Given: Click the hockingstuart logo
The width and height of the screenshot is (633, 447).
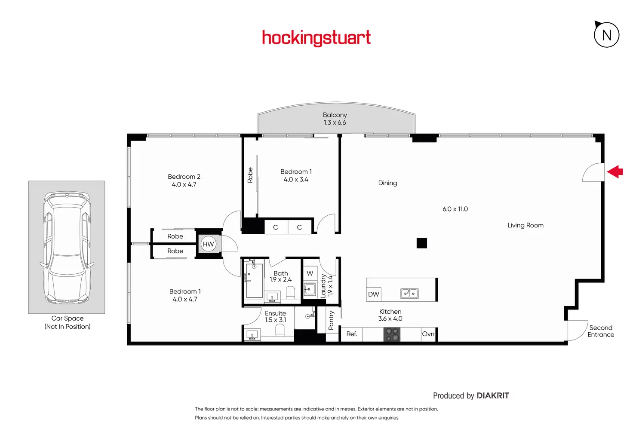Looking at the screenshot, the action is pyautogui.click(x=316, y=38).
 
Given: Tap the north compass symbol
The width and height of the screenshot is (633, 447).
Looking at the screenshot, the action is pyautogui.click(x=606, y=35).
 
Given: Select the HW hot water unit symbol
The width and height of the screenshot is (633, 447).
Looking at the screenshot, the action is pyautogui.click(x=208, y=244).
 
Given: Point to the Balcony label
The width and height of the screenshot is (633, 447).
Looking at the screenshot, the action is pyautogui.click(x=335, y=115).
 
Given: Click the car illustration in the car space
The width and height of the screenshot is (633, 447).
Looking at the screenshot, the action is pyautogui.click(x=67, y=247).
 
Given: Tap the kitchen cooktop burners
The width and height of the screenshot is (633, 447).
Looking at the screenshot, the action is pyautogui.click(x=392, y=334).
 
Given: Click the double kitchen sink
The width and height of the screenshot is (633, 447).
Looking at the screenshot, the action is pyautogui.click(x=409, y=294).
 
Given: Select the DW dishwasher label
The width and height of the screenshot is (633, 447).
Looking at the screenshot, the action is pyautogui.click(x=373, y=294).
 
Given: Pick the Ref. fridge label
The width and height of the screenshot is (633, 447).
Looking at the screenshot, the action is pyautogui.click(x=352, y=334).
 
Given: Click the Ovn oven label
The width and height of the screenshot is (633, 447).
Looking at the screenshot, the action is pyautogui.click(x=428, y=334).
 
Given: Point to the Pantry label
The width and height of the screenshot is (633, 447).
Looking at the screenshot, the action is pyautogui.click(x=331, y=320).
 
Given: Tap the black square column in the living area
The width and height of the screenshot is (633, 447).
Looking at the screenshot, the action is pyautogui.click(x=422, y=243).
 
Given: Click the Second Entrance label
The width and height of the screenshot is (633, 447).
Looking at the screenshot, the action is pyautogui.click(x=601, y=331).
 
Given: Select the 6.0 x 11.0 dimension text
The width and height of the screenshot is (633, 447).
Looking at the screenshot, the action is pyautogui.click(x=455, y=209).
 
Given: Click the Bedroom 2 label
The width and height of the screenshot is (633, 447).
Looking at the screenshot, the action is pyautogui.click(x=184, y=177).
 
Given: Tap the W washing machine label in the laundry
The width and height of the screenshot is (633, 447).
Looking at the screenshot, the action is pyautogui.click(x=310, y=273).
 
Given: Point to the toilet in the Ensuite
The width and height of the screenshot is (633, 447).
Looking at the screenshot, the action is pyautogui.click(x=280, y=331).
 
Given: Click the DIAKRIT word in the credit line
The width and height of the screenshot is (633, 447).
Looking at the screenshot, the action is pyautogui.click(x=493, y=395).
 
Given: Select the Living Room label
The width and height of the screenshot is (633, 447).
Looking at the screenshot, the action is pyautogui.click(x=525, y=225).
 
